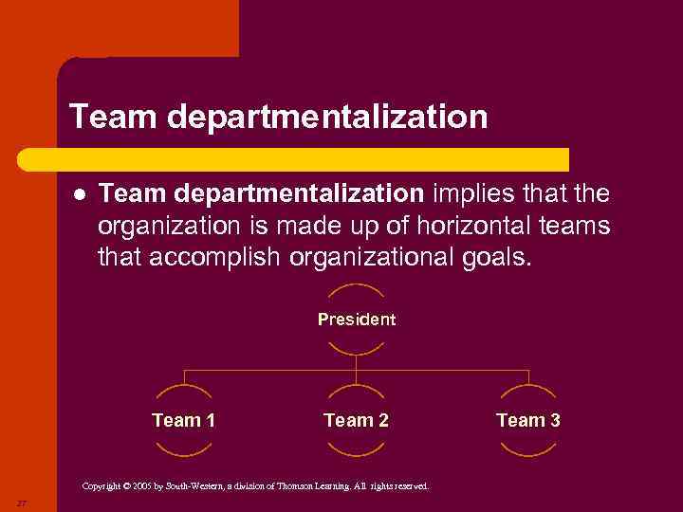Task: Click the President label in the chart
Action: coord(356,320)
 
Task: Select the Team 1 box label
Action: coord(183,420)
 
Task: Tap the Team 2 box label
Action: coord(356,420)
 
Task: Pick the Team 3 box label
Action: coord(528,420)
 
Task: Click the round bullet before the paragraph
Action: coord(80,194)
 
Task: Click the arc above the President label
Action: coord(356,287)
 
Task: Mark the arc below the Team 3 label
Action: coord(528,452)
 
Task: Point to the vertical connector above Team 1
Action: coord(183,377)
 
